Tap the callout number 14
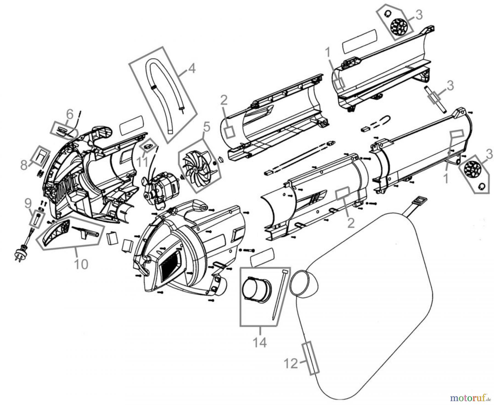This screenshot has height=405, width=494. click(259, 342)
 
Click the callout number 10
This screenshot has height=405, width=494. click(82, 264)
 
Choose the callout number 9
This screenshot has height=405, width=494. click(28, 203)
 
